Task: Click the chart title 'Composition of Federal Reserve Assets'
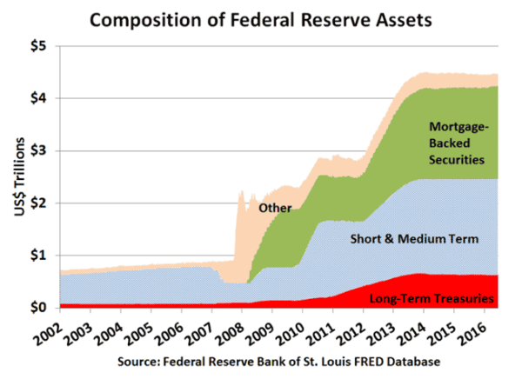coord(261,17)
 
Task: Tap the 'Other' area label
coord(275,207)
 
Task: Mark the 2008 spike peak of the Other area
coord(239,191)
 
